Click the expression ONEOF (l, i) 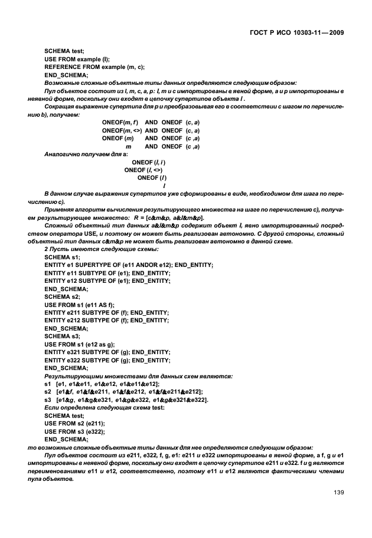point(149,161)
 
